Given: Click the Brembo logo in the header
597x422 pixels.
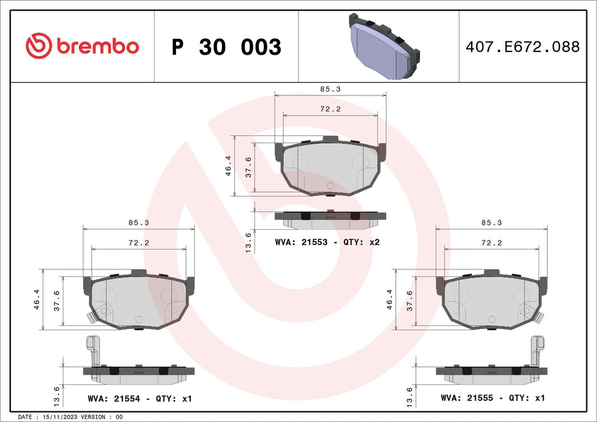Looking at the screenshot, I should (x=82, y=46).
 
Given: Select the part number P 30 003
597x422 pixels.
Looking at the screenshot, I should (x=226, y=47).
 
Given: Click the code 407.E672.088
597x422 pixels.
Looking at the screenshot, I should (x=521, y=46).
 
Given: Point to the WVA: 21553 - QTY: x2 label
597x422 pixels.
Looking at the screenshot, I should (x=327, y=242).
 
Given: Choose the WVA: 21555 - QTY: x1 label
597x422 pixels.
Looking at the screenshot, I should (x=493, y=398).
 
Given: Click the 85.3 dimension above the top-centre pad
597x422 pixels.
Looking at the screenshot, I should (x=330, y=90).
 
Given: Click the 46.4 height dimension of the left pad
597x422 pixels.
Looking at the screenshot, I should (x=36, y=300).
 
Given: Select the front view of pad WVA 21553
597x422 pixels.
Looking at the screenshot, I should (x=330, y=166).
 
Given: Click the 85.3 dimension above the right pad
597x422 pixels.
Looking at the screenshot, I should (x=493, y=222).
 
